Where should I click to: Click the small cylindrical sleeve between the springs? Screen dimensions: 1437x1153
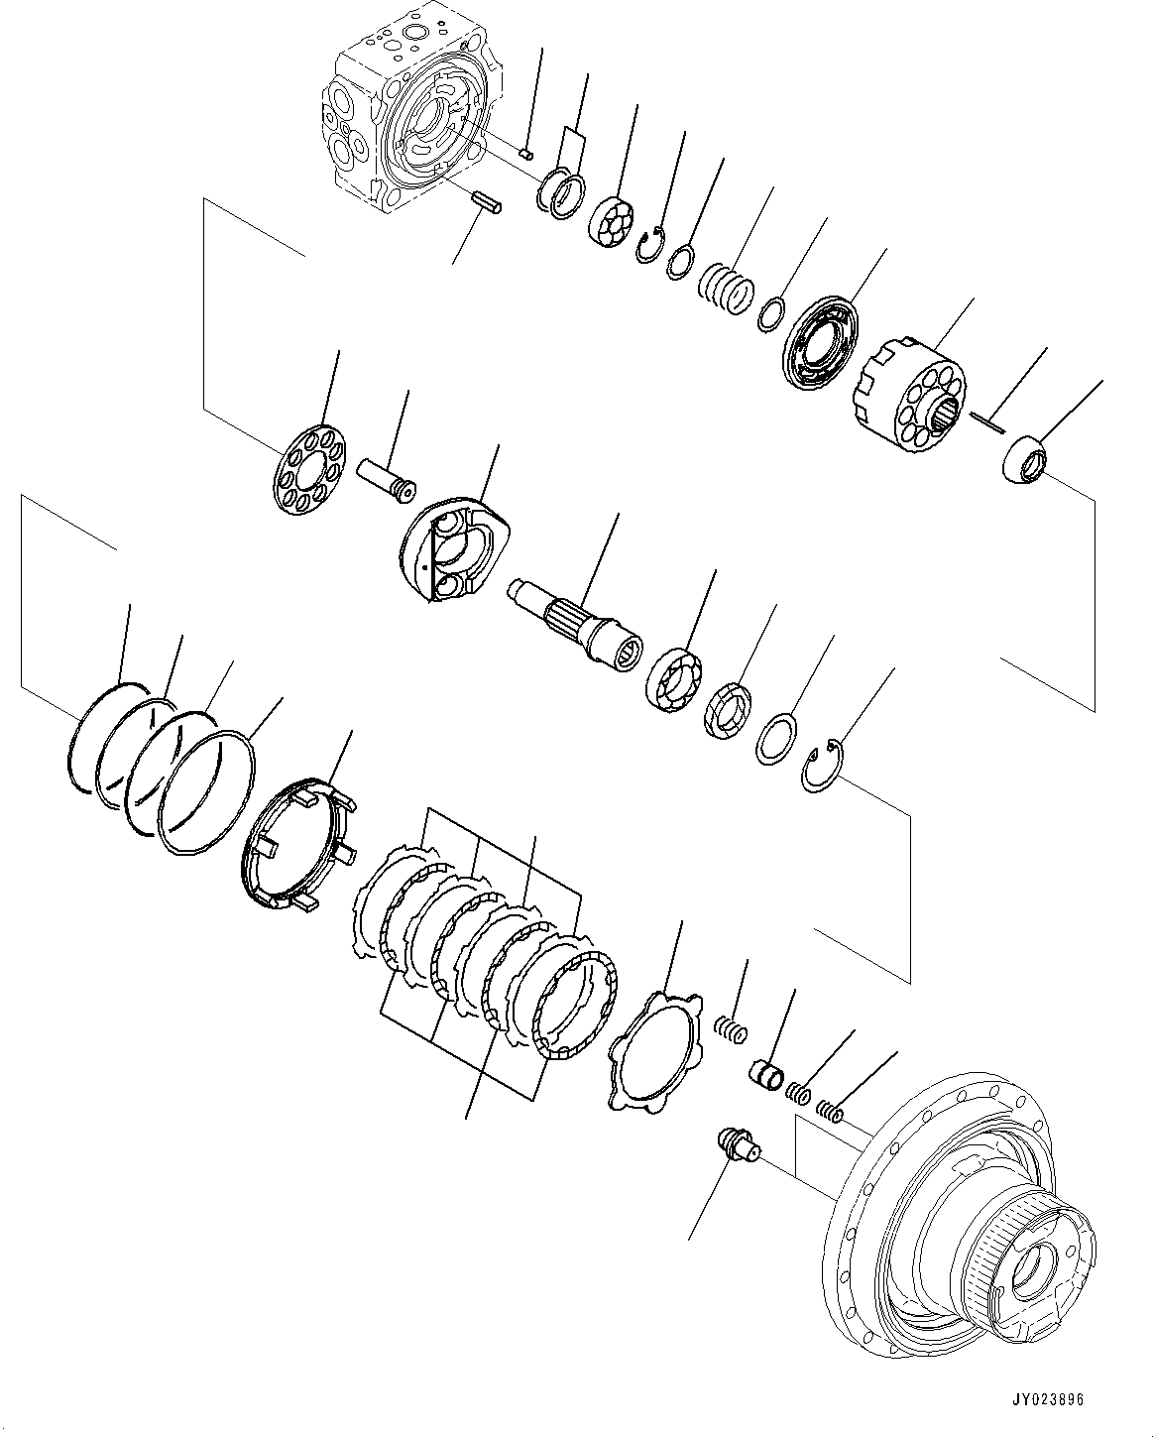coord(765,1074)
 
